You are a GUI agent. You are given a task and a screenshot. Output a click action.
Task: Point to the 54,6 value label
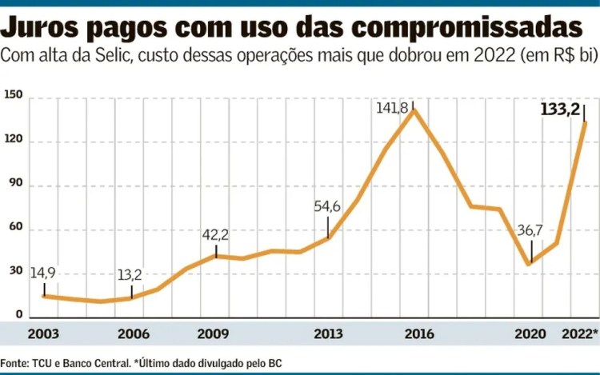pyautogui.click(x=327, y=207)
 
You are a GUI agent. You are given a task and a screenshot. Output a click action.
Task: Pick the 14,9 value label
pyautogui.click(x=43, y=274)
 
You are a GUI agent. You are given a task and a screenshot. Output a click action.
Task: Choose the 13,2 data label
pyautogui.click(x=129, y=276)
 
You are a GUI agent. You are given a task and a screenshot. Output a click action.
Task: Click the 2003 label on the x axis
pyautogui.click(x=43, y=333)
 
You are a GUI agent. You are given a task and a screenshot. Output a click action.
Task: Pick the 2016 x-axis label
pyautogui.click(x=414, y=333)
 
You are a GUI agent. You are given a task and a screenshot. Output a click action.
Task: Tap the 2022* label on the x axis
pyautogui.click(x=579, y=333)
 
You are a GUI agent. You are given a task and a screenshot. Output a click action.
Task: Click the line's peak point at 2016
pyautogui.click(x=413, y=110)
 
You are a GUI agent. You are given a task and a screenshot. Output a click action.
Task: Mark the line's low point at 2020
pyautogui.click(x=529, y=264)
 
